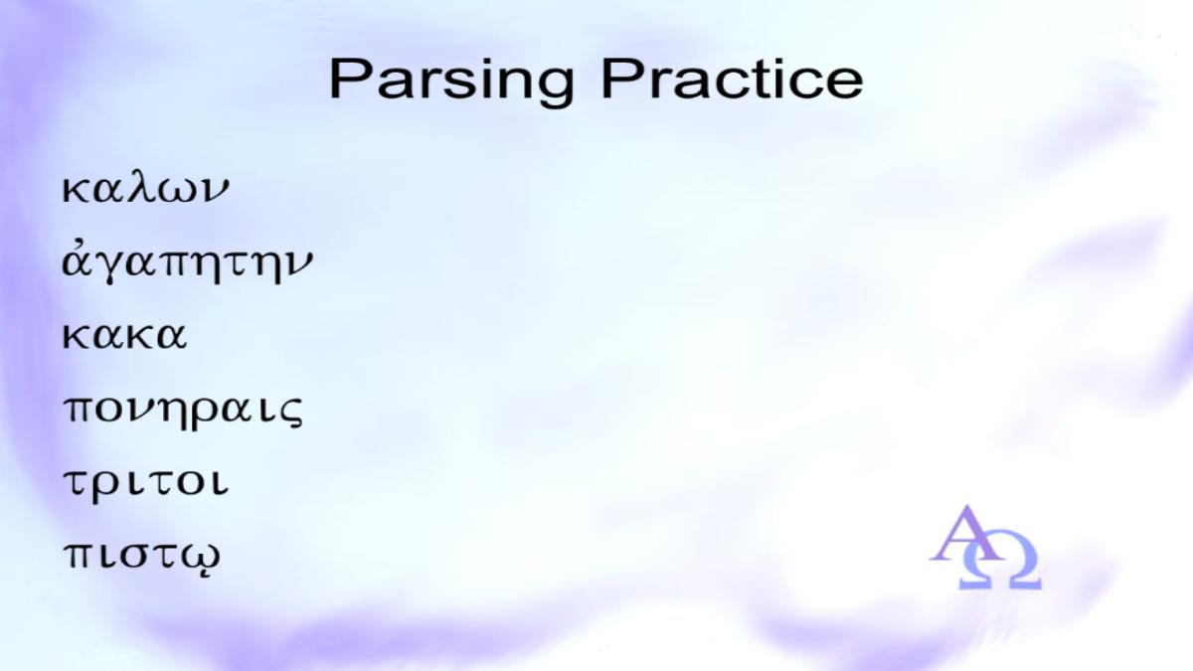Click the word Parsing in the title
(x=451, y=82)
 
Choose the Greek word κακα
(x=124, y=336)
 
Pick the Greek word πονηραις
(x=183, y=413)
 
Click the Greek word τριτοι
(x=146, y=485)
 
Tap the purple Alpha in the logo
(x=965, y=534)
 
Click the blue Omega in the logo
(x=1000, y=567)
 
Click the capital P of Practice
(x=620, y=78)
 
